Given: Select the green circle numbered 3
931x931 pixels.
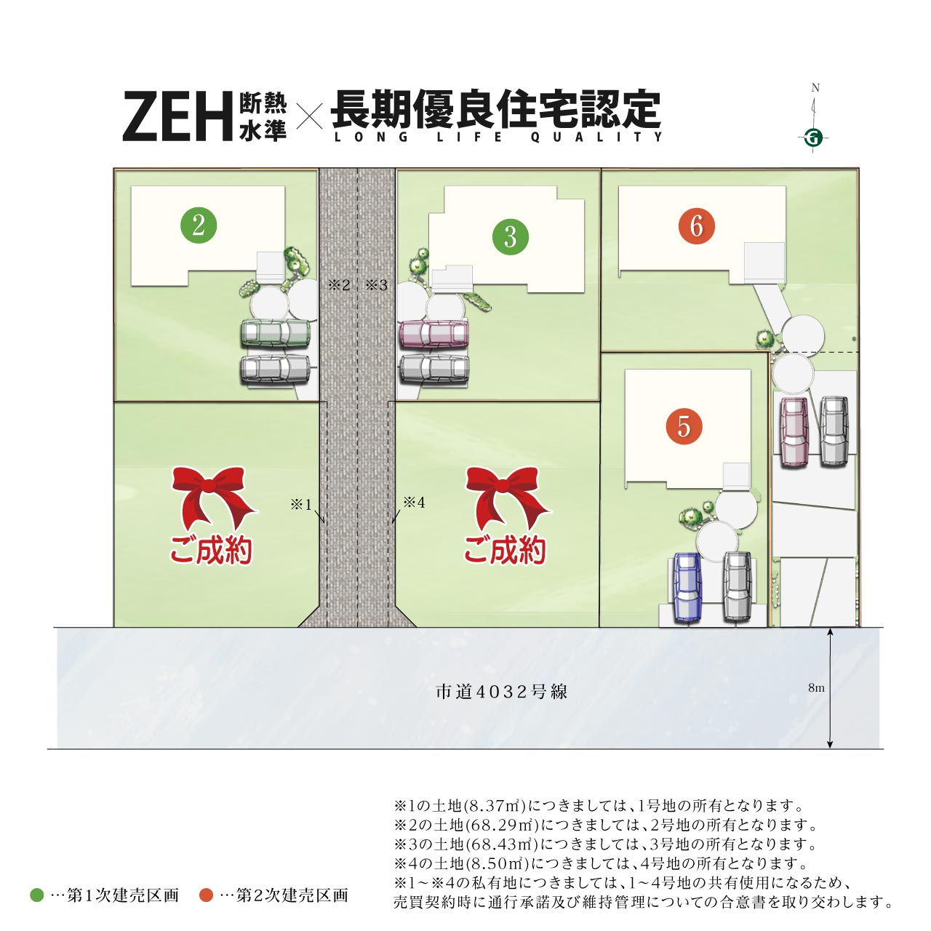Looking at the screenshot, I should click(x=510, y=236).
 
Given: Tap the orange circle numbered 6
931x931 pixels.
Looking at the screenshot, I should click(x=697, y=225).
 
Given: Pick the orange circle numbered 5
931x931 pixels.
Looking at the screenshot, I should click(x=684, y=426).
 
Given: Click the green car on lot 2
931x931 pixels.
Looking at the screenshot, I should click(x=275, y=333).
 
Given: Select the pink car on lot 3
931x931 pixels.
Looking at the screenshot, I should click(x=433, y=333).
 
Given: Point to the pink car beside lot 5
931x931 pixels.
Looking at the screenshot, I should click(x=794, y=431).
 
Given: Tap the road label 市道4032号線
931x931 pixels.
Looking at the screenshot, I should click(x=501, y=692).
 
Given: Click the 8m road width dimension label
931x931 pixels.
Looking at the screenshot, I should click(x=816, y=687).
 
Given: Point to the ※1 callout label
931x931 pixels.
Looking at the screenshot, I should click(x=301, y=504).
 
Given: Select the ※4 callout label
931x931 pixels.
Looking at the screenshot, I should click(x=414, y=502).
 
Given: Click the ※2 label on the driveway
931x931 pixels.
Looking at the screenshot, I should click(x=339, y=285).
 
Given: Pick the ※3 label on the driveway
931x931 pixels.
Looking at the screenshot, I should click(x=377, y=285).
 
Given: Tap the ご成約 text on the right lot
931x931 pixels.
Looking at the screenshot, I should click(x=505, y=551).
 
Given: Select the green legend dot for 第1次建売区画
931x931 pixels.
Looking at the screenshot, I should click(x=37, y=895).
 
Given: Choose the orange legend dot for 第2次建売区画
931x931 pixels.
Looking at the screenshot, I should click(x=207, y=895).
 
